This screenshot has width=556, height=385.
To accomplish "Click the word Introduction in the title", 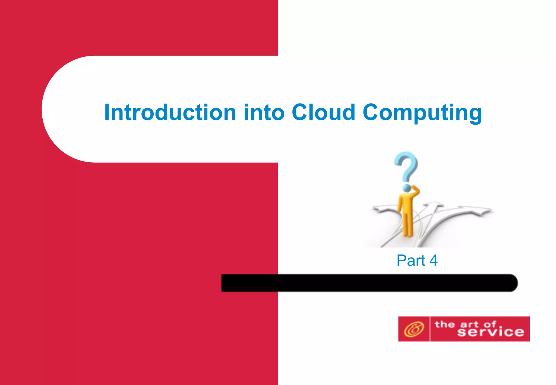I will [170, 112].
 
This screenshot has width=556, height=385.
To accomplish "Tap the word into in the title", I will [264, 112].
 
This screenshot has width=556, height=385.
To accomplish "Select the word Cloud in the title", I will [323, 112].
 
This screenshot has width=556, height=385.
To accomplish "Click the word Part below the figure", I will [410, 260].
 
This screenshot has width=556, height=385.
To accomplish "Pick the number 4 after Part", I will [434, 260].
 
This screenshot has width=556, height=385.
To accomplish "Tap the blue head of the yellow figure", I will [406, 187].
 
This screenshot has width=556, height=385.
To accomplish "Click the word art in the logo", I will [469, 324].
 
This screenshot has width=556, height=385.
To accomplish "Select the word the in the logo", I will [444, 324].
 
